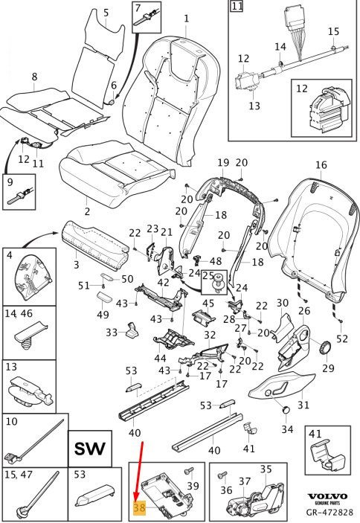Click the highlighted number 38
[140, 507]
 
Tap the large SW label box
[90, 449]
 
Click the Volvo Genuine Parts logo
[327, 498]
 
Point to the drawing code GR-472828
[330, 512]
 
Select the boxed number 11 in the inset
[237, 6]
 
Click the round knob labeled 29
[325, 348]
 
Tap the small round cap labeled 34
[287, 410]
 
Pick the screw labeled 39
[188, 472]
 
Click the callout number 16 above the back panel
[321, 164]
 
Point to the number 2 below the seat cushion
[87, 211]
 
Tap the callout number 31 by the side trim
[303, 405]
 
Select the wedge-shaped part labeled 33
[132, 330]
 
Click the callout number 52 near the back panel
[342, 338]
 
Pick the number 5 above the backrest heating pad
[106, 13]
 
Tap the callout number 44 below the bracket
[160, 359]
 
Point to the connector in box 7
[146, 19]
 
